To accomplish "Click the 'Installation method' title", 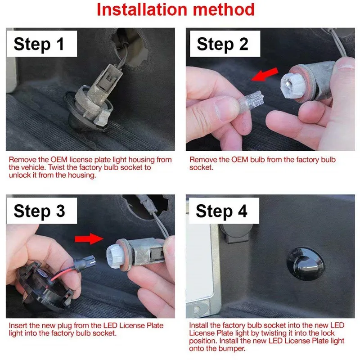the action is tap(175, 9).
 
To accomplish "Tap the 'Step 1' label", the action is tap(39, 44).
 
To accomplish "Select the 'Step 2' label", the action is tap(222, 44).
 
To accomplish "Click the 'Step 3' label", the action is tap(39, 211).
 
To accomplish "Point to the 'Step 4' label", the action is tap(221, 211).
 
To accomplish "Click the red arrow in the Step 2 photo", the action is tap(265, 74).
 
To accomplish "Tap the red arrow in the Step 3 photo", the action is tap(89, 239).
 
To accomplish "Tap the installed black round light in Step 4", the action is tap(306, 265).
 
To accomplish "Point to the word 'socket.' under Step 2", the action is tap(201, 167).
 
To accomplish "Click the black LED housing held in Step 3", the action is tap(44, 287).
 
